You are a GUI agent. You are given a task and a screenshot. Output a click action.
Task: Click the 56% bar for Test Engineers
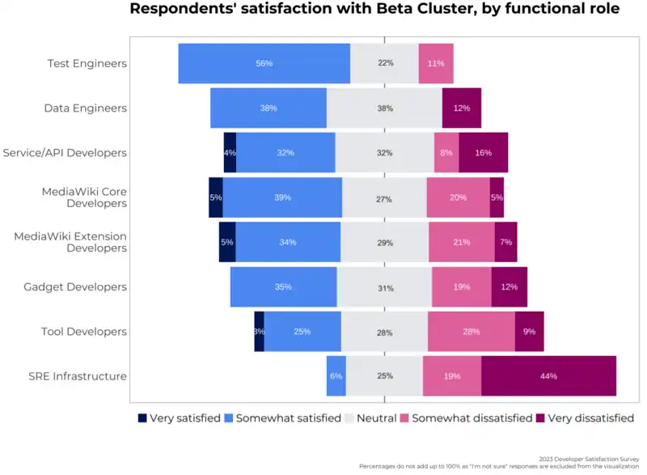pyautogui.click(x=264, y=63)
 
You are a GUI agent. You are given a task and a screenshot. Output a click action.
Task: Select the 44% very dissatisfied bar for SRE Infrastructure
pyautogui.click(x=548, y=376)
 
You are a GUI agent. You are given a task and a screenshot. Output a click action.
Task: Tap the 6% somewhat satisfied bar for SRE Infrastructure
pyautogui.click(x=336, y=376)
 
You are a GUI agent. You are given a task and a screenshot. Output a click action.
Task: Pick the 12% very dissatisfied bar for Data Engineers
pyautogui.click(x=462, y=108)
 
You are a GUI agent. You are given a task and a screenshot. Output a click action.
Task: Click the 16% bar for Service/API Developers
pyautogui.click(x=484, y=152)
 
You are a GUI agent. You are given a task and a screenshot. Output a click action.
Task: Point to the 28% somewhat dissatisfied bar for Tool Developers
pyautogui.click(x=472, y=332)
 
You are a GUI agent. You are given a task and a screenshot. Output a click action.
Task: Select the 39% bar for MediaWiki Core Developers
pyautogui.click(x=282, y=197)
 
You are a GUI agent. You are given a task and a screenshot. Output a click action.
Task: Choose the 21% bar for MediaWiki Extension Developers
pyautogui.click(x=462, y=242)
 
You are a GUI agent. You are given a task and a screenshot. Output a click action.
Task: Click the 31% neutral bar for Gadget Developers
pyautogui.click(x=385, y=287)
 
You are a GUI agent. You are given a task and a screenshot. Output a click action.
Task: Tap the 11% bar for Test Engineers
pyautogui.click(x=436, y=63)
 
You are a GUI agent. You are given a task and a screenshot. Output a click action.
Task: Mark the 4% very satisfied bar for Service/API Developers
pyautogui.click(x=230, y=152)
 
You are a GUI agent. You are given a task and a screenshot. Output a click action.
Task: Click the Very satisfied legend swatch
pyautogui.click(x=143, y=418)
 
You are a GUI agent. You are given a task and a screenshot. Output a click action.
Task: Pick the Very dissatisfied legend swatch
pyautogui.click(x=540, y=418)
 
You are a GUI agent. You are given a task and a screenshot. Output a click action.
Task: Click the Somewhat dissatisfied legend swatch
pyautogui.click(x=404, y=418)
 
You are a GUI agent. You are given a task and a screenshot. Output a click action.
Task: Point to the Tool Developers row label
pyautogui.click(x=84, y=332)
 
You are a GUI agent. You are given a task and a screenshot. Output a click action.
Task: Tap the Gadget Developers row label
pyautogui.click(x=75, y=287)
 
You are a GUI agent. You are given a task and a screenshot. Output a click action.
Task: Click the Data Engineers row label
pyautogui.click(x=85, y=108)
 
